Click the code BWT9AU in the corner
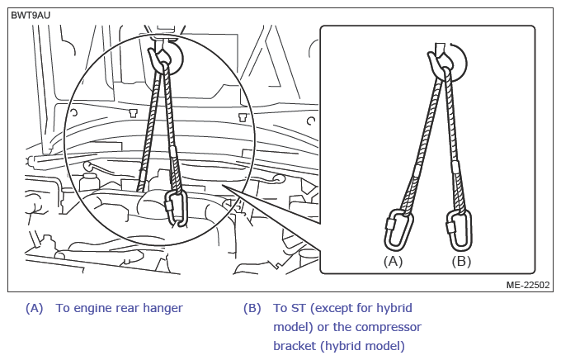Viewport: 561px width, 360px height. tap(31, 16)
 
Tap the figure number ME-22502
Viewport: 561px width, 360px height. tap(528, 285)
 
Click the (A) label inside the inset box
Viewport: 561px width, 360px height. tap(393, 262)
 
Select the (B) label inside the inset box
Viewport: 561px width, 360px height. tap(461, 262)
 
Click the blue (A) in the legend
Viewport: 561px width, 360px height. tap(35, 308)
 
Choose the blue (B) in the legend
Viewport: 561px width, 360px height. tap(252, 308)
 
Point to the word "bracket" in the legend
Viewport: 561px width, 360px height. tap(295, 346)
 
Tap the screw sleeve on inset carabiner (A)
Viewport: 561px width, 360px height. tap(389, 225)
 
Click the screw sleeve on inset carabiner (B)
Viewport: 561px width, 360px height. tap(450, 227)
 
